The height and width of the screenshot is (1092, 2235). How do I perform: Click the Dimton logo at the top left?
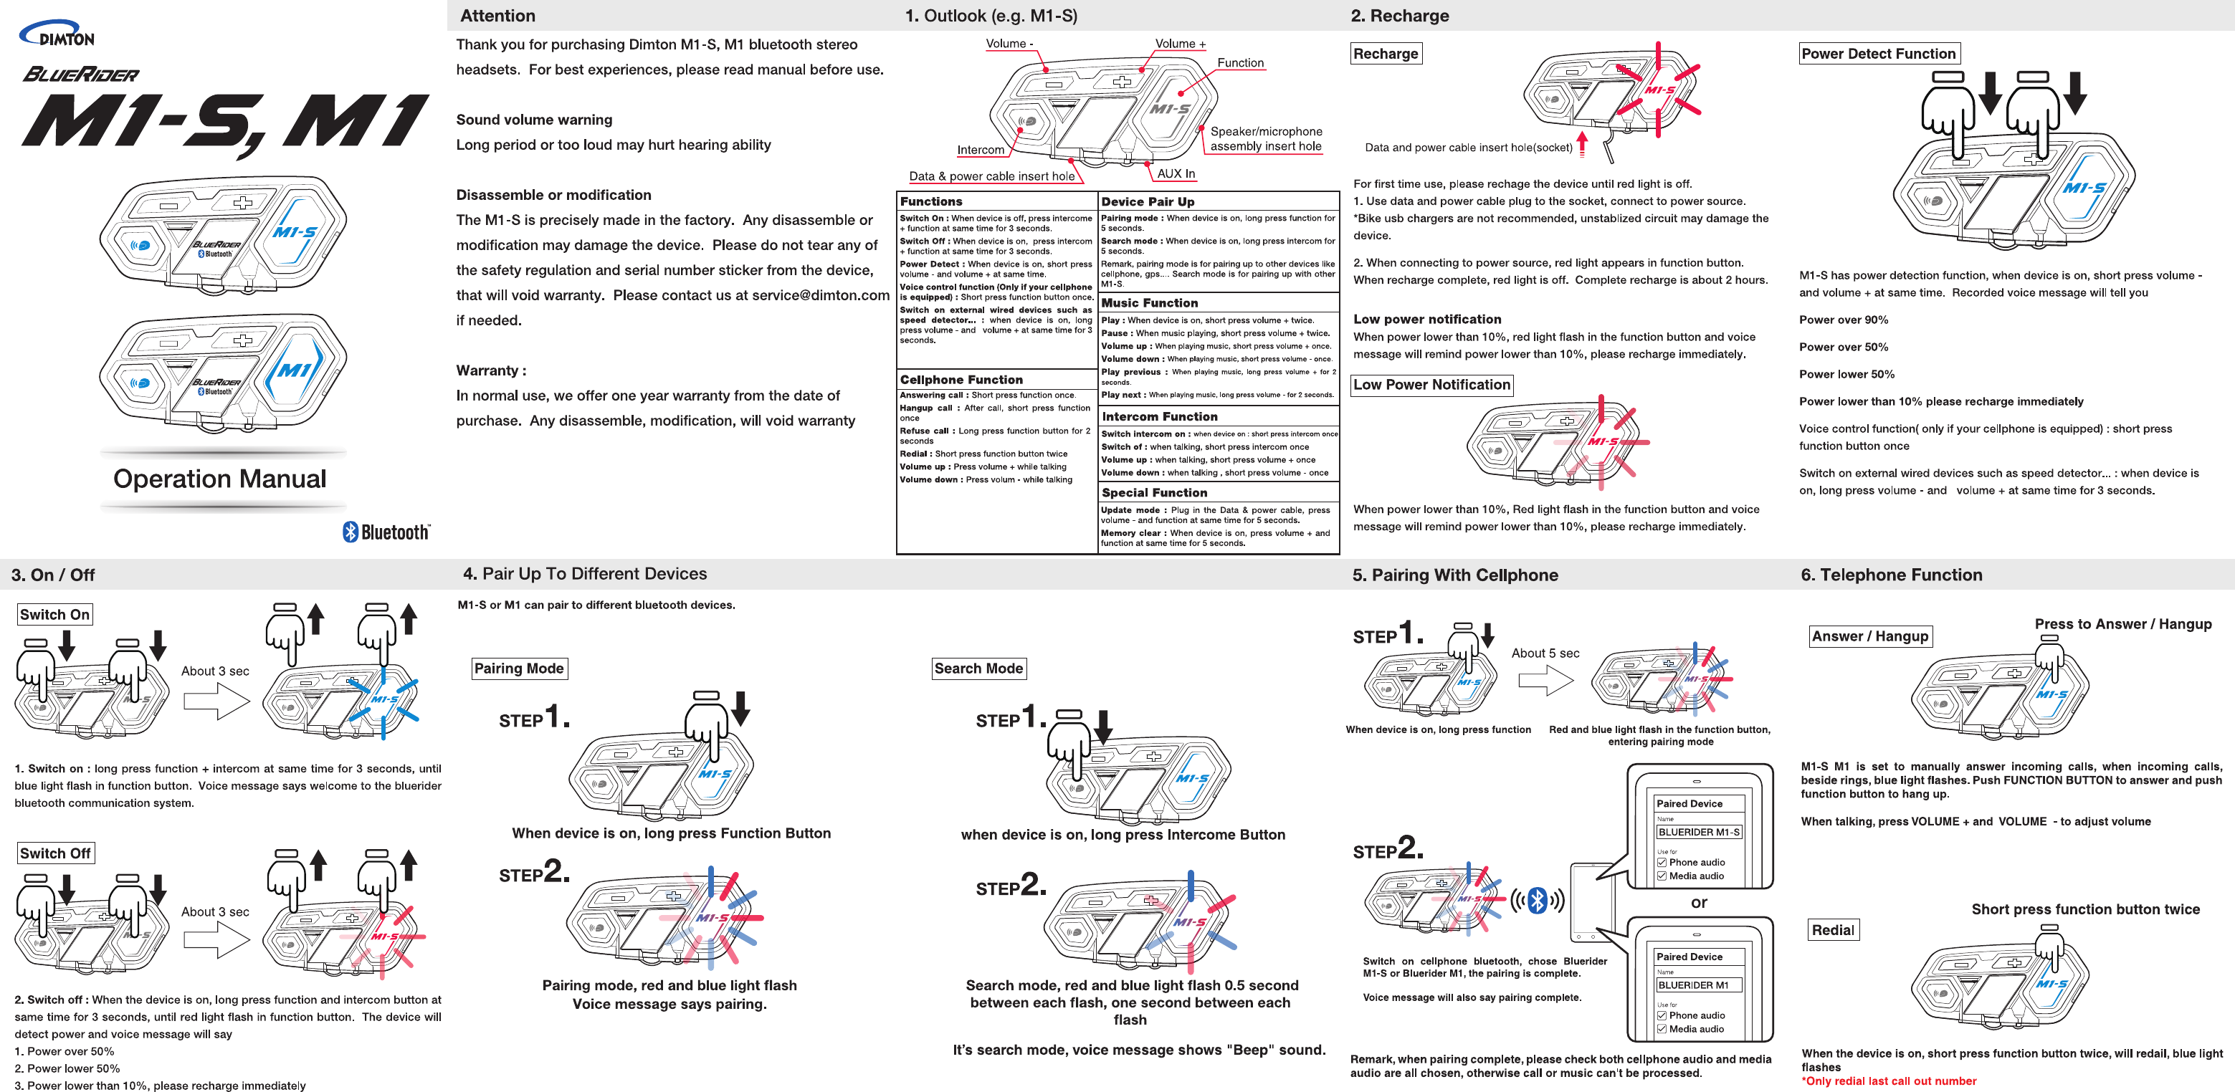57,34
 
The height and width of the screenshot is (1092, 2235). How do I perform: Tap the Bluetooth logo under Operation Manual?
386,532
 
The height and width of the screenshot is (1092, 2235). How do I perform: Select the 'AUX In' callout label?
1176,173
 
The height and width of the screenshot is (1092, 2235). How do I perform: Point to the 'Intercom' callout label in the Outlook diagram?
981,150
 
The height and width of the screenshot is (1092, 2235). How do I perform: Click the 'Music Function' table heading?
1150,302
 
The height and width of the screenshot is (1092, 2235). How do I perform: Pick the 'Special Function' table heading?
1154,492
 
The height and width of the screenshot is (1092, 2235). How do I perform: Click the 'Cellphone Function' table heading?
961,379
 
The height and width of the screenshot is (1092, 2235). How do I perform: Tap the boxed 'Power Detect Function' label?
1879,54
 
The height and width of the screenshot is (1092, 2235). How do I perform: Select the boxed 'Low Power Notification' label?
1431,384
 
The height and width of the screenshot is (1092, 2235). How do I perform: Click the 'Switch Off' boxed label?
54,853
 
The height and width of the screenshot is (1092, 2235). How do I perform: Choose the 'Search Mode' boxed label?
978,668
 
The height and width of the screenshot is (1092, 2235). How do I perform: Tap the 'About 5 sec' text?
1545,653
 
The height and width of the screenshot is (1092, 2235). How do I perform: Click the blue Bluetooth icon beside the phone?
1538,900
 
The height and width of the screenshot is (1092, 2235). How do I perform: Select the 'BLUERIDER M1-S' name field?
1698,832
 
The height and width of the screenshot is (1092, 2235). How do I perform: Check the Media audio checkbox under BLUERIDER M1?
1662,1029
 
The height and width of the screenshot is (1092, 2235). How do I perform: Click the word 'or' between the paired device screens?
1699,902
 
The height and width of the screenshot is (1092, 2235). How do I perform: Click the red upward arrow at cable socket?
1583,143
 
